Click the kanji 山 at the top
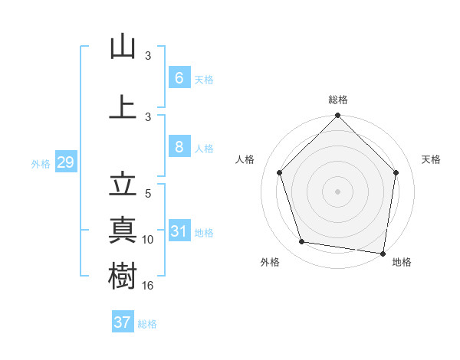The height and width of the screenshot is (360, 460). tap(123, 47)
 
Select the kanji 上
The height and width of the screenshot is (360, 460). tap(123, 106)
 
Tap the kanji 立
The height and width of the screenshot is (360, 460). tap(123, 185)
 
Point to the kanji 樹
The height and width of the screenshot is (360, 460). tap(123, 273)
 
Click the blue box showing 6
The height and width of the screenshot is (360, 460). tap(179, 78)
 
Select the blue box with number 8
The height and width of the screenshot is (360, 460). tap(179, 148)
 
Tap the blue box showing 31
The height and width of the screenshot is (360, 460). tap(179, 232)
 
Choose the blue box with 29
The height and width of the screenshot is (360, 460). tap(65, 162)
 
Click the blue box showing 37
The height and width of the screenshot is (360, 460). tap(123, 322)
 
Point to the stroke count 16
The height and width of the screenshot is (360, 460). tap(149, 285)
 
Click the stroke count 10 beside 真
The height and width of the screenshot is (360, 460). tap(149, 240)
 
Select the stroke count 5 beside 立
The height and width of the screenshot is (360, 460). tap(149, 195)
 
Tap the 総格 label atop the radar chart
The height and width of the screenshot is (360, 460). tap(338, 100)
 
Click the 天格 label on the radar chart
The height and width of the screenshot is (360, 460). tap(432, 159)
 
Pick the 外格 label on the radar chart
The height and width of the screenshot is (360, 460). tap(270, 262)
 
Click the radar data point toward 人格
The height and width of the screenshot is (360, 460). tap(279, 172)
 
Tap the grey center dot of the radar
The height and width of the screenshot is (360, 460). tap(338, 191)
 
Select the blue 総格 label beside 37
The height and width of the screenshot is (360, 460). tap(147, 323)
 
